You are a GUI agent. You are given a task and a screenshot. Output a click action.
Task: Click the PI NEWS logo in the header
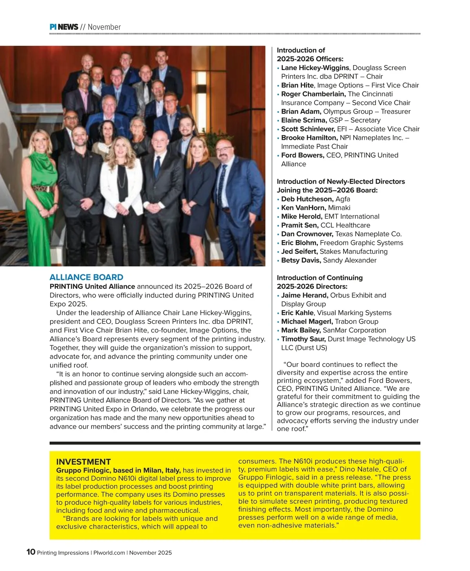tap(64, 27)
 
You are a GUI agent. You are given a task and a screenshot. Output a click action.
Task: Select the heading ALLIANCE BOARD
tap(86, 277)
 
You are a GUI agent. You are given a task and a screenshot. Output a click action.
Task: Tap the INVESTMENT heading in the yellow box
tap(83, 462)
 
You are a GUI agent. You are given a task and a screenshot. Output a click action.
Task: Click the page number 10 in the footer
tap(31, 552)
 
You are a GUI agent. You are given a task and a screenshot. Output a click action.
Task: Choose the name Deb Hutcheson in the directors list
tap(307, 199)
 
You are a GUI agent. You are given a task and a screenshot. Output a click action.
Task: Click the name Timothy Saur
tap(303, 339)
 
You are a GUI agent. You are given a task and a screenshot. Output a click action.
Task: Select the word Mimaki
tap(339, 208)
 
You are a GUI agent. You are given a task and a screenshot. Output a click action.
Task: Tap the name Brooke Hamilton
tap(309, 138)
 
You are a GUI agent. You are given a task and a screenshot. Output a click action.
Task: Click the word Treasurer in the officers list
tap(396, 112)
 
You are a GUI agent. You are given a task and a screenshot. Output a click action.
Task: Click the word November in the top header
tap(104, 27)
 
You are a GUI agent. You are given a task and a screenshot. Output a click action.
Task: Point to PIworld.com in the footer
tap(109, 553)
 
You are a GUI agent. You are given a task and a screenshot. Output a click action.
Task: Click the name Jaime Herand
tap(304, 295)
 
